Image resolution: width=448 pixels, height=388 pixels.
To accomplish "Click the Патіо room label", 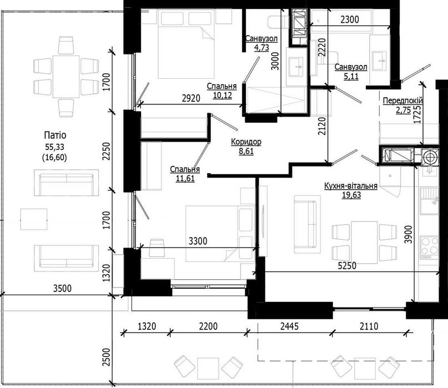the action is pos(55,135).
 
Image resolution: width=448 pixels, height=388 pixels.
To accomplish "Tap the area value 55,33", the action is pos(54,147).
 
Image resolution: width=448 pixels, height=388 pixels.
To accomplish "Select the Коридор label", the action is pos(246,142).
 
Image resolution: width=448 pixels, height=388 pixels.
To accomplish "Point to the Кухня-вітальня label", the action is pos(351,186).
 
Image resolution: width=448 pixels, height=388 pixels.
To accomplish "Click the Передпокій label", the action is pos(402,100).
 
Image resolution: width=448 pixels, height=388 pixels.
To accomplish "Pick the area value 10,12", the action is pos(222,95).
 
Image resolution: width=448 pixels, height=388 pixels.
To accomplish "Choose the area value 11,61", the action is pos(185,179).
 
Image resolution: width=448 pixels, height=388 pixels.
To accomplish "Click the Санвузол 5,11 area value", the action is pos(351,76).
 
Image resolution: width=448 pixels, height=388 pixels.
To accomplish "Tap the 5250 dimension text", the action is pos(347,266).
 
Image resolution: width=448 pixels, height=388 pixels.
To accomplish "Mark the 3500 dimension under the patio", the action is pos(62,288).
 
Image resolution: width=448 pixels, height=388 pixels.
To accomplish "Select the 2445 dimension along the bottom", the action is pos(289,326).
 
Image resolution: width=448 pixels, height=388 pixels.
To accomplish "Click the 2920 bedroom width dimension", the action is pos(191,98).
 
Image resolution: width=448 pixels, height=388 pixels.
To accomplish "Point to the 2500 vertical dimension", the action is pos(106,357).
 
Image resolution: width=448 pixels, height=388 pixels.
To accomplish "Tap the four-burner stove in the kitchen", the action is pos(429,246).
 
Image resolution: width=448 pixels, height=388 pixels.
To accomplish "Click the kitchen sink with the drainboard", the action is pos(429,200).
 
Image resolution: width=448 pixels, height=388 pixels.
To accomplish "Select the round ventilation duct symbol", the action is pos(430,157).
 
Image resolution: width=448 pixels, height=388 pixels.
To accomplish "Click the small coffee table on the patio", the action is pos(34,219).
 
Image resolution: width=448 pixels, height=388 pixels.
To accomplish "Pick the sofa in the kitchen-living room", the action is pos(307,225).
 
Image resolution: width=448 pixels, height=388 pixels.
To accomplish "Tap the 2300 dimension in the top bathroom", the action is pos(350,19).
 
